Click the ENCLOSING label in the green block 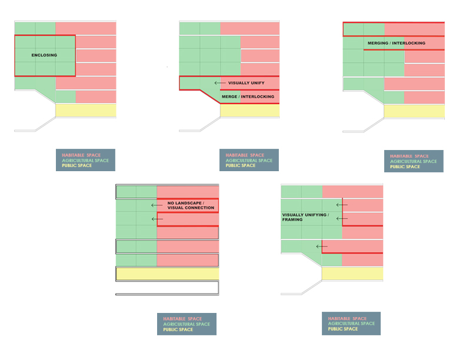coord(44,55)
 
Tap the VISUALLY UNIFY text coord(247,83)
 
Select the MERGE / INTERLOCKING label coord(248,96)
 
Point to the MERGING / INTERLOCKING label coord(397,43)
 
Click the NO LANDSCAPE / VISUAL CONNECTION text coord(191,205)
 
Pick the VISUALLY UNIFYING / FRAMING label coord(305,217)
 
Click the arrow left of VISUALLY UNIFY coord(220,83)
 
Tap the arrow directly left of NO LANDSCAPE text coord(157,205)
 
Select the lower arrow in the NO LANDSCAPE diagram coord(157,219)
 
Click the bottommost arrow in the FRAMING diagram coord(322,246)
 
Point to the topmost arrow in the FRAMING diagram coord(342,205)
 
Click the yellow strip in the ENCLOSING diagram coord(86,110)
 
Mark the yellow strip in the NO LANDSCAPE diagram coord(168,274)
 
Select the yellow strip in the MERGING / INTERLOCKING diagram coord(414,111)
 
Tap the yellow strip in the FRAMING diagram coord(352,274)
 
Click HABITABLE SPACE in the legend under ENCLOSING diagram coord(81,155)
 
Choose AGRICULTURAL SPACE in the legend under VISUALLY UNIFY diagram coord(249,161)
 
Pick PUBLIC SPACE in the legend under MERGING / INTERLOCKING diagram coord(405,166)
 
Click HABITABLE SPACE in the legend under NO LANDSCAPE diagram coord(182,319)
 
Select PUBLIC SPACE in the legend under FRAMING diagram coord(343,329)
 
